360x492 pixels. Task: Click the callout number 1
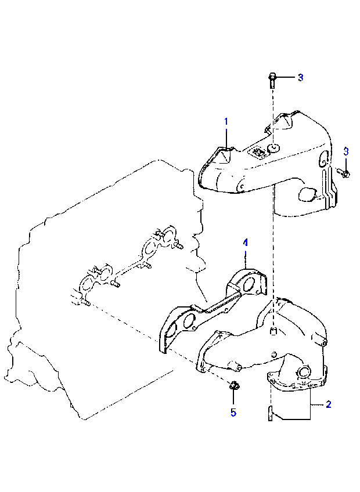tap(226, 121)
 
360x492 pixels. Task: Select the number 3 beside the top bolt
tap(300, 78)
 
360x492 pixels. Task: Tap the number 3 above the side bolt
tap(346, 151)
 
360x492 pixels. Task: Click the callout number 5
tap(233, 413)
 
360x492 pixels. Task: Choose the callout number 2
tap(328, 404)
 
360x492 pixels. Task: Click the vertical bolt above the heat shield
tap(272, 79)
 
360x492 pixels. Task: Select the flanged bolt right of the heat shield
tap(344, 173)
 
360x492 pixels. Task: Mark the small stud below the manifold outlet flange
tap(269, 414)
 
